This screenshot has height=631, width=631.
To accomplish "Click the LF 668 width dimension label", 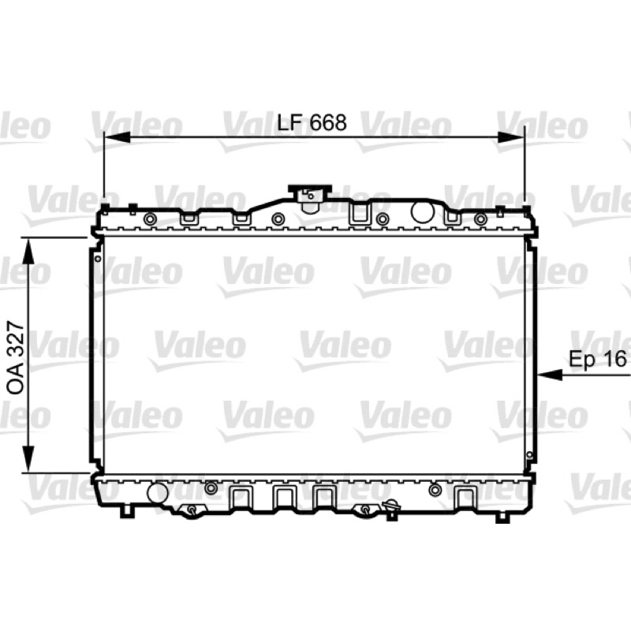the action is [x=312, y=123].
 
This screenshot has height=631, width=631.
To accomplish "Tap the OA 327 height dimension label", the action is [x=17, y=358].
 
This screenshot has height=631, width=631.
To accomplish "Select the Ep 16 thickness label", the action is [x=598, y=359].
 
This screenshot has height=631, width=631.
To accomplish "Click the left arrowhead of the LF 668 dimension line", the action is [x=117, y=137].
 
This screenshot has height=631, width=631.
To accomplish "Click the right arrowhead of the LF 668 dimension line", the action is [x=511, y=137].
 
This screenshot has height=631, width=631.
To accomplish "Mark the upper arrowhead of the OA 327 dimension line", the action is [x=28, y=250].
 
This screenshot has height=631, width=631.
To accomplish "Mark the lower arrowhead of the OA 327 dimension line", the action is [x=28, y=458].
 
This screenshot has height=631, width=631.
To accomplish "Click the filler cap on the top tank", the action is [x=310, y=198].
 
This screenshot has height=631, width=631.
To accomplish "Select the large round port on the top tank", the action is [x=422, y=212].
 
